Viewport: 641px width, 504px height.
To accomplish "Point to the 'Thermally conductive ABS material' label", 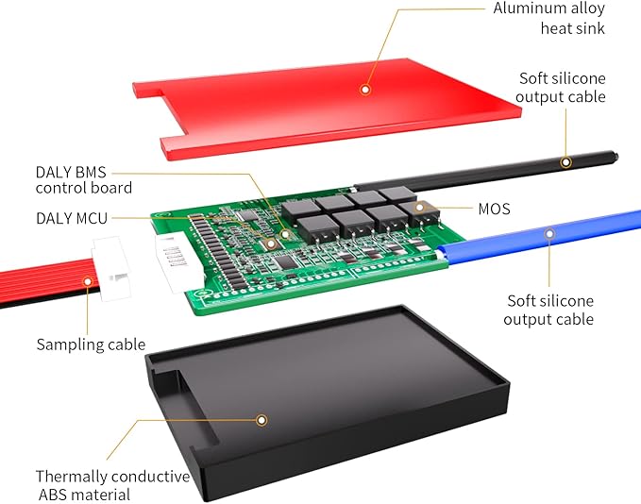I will [111, 485].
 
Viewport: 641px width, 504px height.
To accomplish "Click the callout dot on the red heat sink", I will [365, 90].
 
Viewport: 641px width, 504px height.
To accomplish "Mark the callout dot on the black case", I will [262, 420].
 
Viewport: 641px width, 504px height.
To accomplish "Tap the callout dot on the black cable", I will [565, 161].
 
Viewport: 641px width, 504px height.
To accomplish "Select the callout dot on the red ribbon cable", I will [89, 279].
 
